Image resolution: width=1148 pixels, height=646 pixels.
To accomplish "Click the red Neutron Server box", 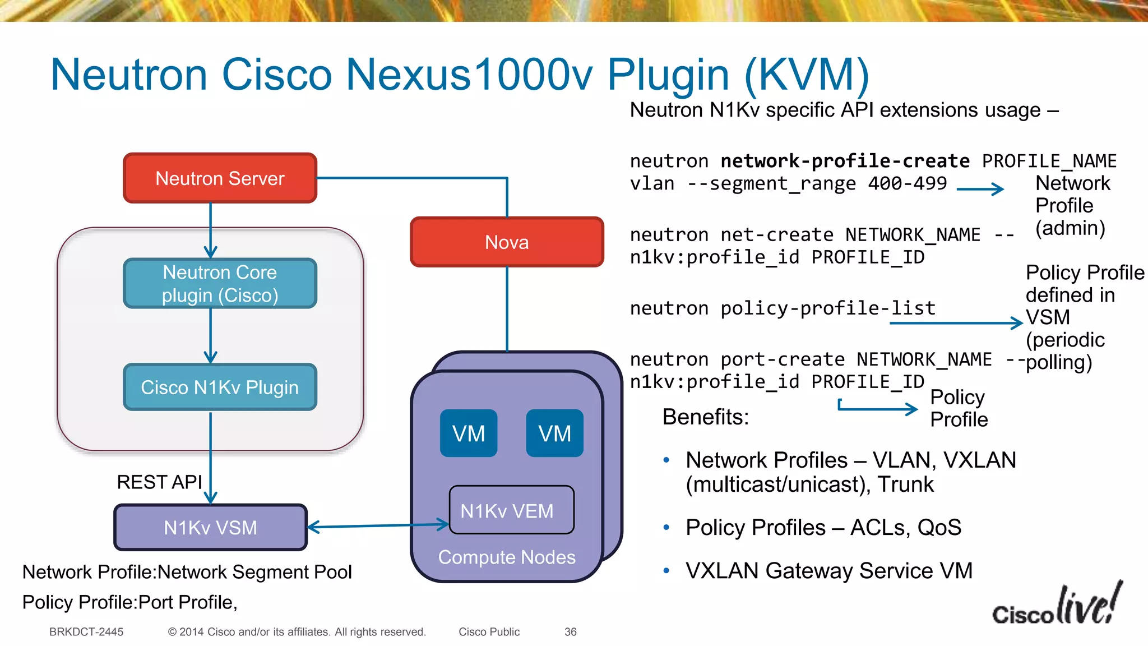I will point(220,178).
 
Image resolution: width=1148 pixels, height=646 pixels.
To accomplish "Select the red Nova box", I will point(507,242).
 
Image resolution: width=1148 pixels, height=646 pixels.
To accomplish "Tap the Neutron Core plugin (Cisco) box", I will point(220,284).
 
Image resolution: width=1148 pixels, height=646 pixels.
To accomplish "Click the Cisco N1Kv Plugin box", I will point(220,387).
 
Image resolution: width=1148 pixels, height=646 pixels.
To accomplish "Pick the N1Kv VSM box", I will point(210,528).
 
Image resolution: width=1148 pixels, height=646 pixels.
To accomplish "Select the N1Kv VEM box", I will point(511,510).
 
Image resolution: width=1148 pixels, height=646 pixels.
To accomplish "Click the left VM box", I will point(469,433).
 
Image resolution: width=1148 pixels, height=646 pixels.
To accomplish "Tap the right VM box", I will point(554,433).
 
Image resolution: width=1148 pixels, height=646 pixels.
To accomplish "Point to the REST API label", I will point(159,482).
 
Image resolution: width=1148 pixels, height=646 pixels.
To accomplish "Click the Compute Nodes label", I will point(507,557).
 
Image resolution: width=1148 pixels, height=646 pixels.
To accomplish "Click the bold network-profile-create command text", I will point(845,161).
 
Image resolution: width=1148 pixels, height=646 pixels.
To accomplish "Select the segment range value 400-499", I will point(907,183).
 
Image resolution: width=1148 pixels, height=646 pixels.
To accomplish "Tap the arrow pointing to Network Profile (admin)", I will point(980,190).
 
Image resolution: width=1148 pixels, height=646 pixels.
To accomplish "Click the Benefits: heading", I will point(705,417).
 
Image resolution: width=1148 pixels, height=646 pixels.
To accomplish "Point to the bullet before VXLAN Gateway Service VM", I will point(666,571).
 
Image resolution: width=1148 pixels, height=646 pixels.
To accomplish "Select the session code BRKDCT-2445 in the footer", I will point(86,632).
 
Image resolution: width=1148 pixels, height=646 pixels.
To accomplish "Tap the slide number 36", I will point(570,632).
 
